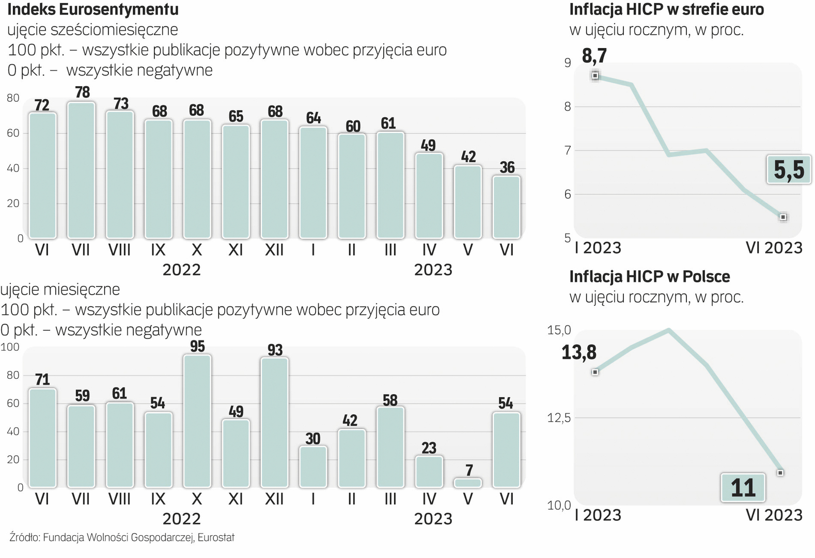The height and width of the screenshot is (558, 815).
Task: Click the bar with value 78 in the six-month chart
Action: [x=81, y=171]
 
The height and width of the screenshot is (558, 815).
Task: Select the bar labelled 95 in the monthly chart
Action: [x=197, y=421]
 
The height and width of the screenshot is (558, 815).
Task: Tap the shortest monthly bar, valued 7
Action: [x=468, y=483]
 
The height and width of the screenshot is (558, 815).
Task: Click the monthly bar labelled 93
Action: [x=275, y=423]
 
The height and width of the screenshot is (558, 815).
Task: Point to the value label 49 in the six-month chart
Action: [x=428, y=146]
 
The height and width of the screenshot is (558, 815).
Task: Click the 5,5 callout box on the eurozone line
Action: [x=789, y=169]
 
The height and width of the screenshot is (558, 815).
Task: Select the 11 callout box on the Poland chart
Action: [x=743, y=488]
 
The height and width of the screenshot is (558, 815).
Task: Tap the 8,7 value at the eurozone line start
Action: [x=594, y=55]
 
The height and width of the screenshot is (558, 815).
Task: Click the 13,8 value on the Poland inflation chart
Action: [x=578, y=352]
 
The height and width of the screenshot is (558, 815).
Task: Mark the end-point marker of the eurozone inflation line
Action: [x=783, y=217]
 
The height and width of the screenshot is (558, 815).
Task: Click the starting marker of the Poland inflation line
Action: [x=595, y=372]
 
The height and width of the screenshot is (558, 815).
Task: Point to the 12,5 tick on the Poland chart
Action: [x=559, y=417]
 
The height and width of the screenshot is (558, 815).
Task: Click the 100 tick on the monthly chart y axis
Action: [x=10, y=347]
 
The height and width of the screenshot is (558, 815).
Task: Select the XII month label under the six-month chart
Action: [x=274, y=250]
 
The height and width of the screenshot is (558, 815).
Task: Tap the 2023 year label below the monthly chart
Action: [x=433, y=519]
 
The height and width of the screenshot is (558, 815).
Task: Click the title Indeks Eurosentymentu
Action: [x=93, y=9]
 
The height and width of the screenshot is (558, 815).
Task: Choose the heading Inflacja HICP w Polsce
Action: [x=649, y=276]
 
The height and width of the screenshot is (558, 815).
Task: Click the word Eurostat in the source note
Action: [x=216, y=537]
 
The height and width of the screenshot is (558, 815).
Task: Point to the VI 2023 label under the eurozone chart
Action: [x=774, y=248]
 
